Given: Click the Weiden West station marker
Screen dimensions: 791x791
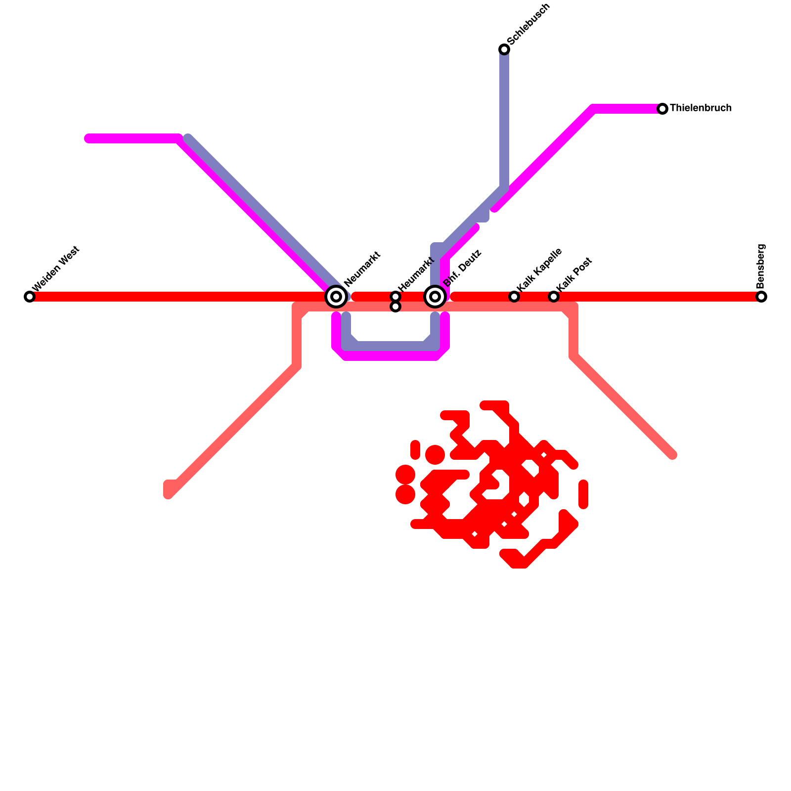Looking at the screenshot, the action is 30,297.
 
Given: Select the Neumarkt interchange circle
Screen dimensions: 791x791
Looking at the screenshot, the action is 336,297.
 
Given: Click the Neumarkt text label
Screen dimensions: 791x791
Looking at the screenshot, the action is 362,269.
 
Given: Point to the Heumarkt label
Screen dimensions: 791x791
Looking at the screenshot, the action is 416,273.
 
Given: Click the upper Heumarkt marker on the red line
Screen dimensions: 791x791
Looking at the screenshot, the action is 395,297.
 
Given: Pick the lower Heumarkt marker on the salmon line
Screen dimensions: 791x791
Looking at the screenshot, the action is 395,307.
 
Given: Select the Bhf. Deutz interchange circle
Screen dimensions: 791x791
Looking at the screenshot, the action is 435,297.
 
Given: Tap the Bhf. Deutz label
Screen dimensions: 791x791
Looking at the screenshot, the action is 462,268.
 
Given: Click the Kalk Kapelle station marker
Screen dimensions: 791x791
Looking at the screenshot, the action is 514,297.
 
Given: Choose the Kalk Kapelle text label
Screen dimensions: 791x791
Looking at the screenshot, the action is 539,269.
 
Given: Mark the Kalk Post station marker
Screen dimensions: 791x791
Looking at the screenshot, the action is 554,297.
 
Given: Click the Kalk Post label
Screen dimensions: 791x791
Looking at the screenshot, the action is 574,274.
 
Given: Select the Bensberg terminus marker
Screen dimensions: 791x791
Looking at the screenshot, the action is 761,297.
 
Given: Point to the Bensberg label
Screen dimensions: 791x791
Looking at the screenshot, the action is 761,266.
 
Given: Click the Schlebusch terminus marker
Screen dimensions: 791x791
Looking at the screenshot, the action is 504,49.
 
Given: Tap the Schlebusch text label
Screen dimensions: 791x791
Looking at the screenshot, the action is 528,24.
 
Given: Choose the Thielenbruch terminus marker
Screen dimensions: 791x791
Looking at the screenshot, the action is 662,109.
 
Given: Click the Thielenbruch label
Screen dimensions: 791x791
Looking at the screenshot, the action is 701,108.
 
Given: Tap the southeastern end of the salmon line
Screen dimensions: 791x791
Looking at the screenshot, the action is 673,455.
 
